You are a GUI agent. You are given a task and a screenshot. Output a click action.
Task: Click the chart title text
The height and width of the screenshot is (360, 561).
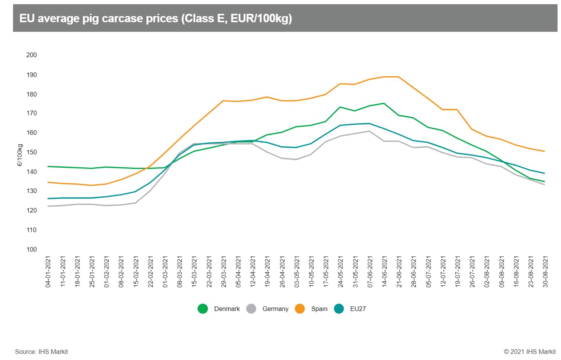[x=156, y=18]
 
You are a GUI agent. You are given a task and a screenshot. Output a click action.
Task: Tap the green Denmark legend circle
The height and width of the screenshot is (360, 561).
[x=203, y=309]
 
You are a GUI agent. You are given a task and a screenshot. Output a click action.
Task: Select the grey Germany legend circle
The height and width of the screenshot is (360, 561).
[x=251, y=309]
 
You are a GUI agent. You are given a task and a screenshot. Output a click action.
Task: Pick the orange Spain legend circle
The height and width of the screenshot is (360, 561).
[x=300, y=309]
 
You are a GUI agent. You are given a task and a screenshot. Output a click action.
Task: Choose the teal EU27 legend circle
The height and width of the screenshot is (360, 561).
[x=339, y=309]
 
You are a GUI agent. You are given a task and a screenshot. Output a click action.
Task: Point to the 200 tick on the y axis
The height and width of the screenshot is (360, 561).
[x=32, y=55]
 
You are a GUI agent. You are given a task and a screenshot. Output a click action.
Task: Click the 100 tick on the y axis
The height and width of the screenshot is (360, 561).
[x=32, y=249]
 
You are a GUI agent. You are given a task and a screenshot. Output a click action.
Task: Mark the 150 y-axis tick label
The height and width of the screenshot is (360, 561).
[x=32, y=152]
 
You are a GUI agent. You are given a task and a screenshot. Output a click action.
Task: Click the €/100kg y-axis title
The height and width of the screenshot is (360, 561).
[x=20, y=155]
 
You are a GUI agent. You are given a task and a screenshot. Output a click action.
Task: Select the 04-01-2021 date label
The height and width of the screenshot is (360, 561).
[x=48, y=272]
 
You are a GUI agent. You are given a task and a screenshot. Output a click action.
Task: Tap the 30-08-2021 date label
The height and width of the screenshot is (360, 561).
[x=545, y=272]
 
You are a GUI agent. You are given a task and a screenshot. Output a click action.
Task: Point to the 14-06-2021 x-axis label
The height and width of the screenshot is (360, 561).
[x=384, y=272]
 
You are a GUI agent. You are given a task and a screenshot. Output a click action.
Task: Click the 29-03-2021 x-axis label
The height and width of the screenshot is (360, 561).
[x=224, y=272]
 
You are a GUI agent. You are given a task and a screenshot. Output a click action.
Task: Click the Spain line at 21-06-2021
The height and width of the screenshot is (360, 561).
[x=399, y=77]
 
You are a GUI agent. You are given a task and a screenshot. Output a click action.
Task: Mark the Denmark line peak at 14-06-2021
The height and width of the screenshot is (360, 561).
[x=384, y=103]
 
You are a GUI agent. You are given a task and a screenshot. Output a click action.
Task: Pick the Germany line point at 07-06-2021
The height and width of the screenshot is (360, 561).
[x=369, y=131]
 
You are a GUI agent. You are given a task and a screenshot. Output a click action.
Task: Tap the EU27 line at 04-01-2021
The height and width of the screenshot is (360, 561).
[x=48, y=199]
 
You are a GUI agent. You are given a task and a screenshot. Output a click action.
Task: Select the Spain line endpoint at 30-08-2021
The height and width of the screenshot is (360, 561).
[x=544, y=151]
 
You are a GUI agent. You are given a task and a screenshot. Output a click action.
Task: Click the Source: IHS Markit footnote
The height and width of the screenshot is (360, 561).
[x=42, y=352]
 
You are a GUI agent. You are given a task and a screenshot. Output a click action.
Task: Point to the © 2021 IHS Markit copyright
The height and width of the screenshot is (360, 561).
[x=530, y=352]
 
